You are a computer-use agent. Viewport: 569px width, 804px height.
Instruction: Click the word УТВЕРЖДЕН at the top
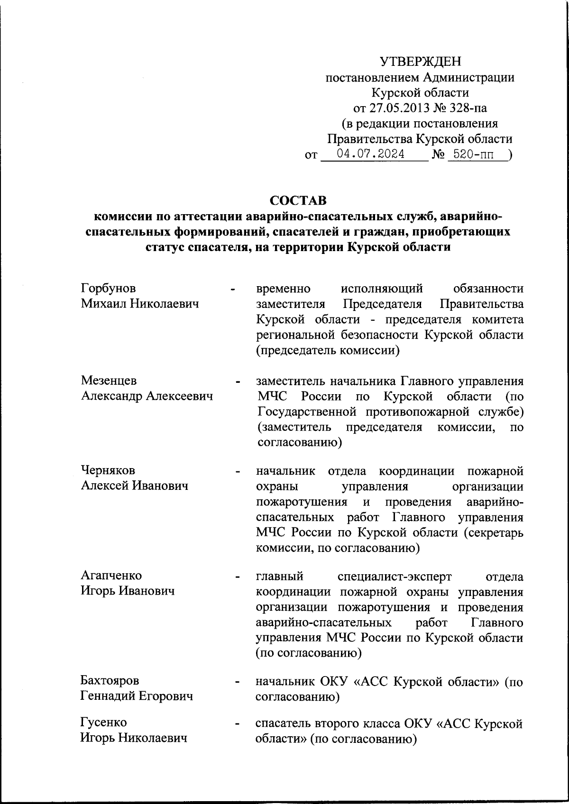(420, 62)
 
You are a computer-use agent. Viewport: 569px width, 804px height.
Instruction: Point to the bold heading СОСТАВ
(298, 200)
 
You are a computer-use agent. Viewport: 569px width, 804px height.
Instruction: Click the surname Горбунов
(108, 288)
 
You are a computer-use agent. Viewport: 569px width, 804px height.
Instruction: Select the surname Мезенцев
(109, 380)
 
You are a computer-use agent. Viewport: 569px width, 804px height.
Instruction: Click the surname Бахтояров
(110, 680)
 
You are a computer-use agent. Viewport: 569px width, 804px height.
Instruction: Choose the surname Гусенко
(103, 723)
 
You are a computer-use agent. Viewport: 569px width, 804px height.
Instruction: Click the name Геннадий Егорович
(137, 696)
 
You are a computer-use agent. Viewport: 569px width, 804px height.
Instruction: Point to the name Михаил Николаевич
(139, 304)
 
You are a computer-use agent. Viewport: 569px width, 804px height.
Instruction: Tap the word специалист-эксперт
(395, 577)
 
